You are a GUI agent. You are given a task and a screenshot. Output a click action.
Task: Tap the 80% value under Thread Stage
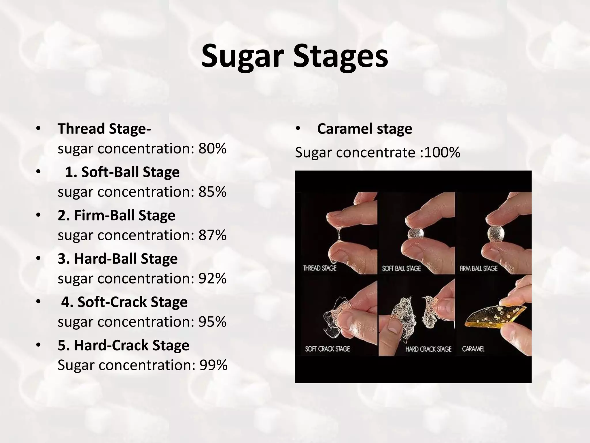212,149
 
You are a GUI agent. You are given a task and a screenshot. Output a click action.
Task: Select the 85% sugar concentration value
212,192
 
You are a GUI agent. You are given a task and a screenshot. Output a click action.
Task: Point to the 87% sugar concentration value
212,235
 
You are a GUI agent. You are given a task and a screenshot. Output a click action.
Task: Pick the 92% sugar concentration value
212,279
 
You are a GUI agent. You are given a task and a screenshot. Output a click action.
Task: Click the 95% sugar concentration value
212,322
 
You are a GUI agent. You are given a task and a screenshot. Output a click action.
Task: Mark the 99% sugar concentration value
213,365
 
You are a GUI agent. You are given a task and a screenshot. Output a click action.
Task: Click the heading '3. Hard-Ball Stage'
118,259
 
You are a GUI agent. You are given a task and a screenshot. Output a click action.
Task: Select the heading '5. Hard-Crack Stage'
123,345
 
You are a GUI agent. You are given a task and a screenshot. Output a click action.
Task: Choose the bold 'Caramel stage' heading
364,129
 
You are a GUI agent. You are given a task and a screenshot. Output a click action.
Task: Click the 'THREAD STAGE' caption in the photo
320,269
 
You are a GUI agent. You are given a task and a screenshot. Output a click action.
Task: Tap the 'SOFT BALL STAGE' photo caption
401,269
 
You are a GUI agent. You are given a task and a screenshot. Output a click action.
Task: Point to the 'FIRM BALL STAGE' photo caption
479,269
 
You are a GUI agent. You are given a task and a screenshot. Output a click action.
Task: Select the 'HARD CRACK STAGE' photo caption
428,349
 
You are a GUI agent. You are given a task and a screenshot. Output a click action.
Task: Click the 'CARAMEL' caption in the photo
473,349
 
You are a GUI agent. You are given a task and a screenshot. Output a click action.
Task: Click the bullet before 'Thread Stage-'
38,129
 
